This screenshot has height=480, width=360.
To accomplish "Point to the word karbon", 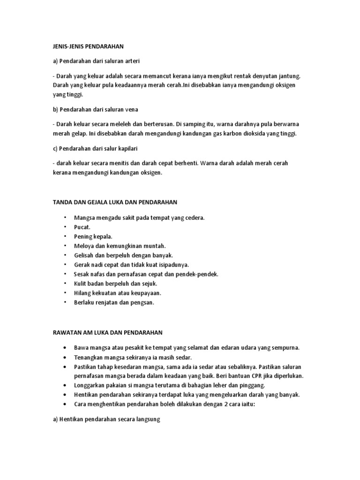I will click(223, 134).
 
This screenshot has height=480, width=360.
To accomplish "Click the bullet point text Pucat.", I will click(82, 227).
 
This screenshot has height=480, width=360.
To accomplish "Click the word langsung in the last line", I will click(148, 420).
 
